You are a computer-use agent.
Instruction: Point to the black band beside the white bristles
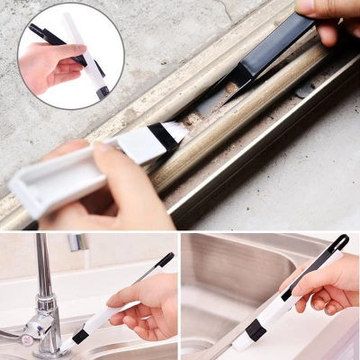click(x=162, y=137)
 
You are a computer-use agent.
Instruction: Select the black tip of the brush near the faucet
click(x=166, y=259)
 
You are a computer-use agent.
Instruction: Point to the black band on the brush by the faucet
click(x=81, y=335)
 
